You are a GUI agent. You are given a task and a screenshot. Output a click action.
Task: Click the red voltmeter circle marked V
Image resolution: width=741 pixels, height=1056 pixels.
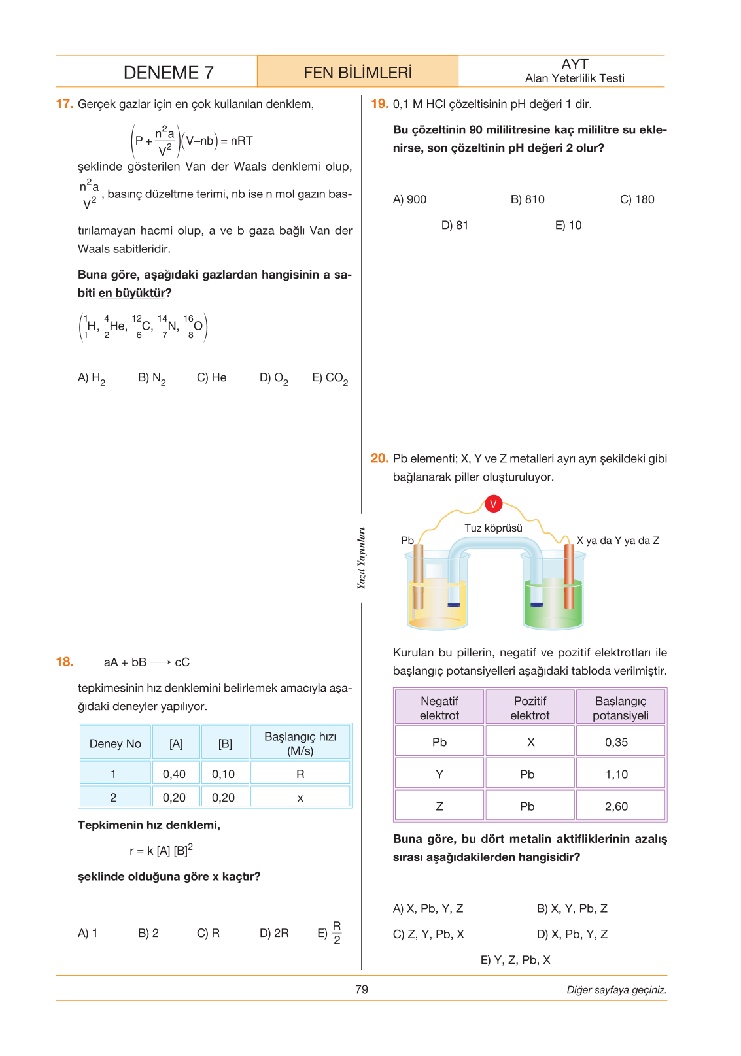[493, 503]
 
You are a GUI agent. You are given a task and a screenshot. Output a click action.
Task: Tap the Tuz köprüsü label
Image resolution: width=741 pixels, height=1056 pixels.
[493, 528]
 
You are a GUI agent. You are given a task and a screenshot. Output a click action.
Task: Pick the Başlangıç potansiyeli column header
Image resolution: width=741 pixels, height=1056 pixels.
[620, 707]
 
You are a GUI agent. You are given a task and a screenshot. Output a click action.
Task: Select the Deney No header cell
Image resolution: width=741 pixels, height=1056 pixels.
[115, 743]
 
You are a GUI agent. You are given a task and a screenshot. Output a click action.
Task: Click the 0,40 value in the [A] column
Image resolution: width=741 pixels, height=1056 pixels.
[174, 774]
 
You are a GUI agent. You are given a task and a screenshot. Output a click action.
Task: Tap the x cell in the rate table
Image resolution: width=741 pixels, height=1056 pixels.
[300, 798]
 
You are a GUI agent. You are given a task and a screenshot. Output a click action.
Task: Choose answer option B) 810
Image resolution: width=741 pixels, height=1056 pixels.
[527, 199]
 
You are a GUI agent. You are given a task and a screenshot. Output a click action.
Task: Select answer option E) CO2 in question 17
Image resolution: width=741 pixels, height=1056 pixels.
[330, 378]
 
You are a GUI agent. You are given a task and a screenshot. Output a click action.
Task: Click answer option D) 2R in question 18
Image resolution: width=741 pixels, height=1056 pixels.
[274, 933]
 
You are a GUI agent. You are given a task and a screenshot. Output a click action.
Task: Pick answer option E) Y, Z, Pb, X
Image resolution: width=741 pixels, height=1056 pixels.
[515, 960]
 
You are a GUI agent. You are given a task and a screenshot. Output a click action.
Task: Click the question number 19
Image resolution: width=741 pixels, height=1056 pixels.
[379, 104]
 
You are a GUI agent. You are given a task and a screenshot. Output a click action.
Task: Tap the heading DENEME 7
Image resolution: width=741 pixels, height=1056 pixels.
[168, 73]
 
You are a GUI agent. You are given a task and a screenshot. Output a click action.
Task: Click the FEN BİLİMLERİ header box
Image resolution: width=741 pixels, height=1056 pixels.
[358, 72]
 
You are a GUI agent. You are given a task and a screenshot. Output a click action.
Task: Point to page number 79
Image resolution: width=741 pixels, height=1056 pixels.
[362, 989]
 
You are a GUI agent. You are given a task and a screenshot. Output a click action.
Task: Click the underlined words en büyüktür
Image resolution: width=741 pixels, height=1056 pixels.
[132, 293]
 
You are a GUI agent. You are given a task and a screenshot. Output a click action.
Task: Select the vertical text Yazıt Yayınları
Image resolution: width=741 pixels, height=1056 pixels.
[361, 558]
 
